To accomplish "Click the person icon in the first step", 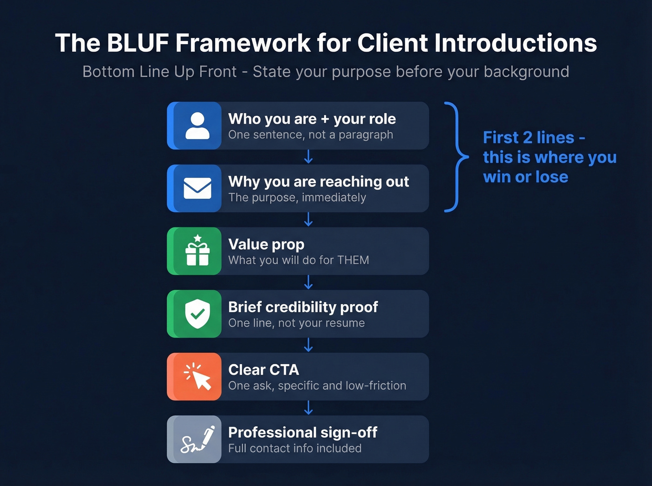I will tap(197, 126).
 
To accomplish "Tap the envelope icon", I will tap(197, 188).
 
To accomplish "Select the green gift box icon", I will tap(197, 251).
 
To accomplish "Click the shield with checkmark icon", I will tap(197, 314).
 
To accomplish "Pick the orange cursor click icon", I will tap(197, 377).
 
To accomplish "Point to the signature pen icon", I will tap(197, 439).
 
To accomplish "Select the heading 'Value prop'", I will tap(266, 244).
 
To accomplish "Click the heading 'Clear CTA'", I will tap(264, 370).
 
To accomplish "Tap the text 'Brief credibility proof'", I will tap(303, 307).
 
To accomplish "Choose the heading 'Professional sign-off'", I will tap(302, 433).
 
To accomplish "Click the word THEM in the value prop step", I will tap(353, 260).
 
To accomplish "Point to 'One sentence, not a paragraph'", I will tap(310, 135).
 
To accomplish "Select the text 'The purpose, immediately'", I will tap(297, 198).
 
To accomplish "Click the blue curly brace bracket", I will tap(456, 157).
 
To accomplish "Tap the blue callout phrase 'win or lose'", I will tap(525, 177).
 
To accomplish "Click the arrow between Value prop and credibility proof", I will tap(308, 282).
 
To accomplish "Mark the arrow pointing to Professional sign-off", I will tap(308, 408).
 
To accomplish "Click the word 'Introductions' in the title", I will tap(516, 43).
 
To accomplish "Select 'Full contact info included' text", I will tap(294, 448).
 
